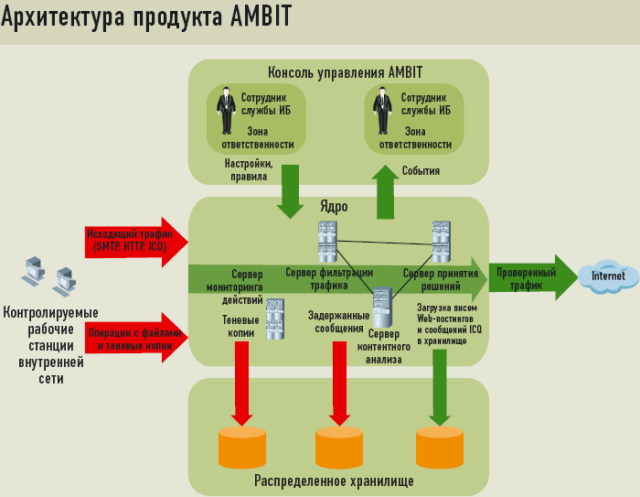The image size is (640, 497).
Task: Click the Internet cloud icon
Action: coord(609,276)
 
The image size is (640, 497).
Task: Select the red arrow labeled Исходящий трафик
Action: coord(136,241)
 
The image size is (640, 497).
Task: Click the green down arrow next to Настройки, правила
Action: coord(291,191)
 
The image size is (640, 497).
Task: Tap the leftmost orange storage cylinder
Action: coord(242,447)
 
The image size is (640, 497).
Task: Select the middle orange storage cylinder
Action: coord(339,447)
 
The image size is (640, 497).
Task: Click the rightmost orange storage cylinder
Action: coord(440,447)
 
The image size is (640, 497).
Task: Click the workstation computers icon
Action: coord(47,276)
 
